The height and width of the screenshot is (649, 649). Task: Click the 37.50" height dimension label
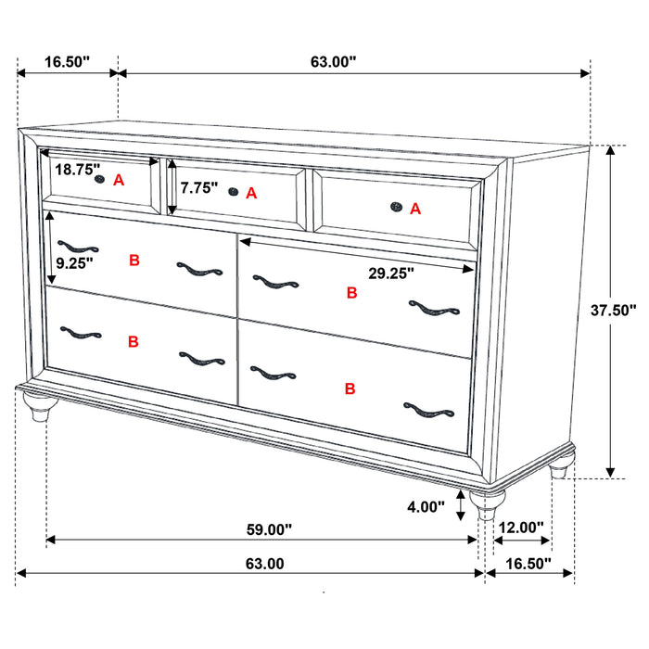click(614, 311)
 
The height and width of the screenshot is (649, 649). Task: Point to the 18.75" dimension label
click(77, 170)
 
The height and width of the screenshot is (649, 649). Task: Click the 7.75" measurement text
click(199, 187)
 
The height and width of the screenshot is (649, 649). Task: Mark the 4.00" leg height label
click(426, 507)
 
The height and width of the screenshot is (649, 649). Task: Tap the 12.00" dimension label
click(520, 528)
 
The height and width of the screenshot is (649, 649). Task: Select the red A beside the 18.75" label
click(118, 181)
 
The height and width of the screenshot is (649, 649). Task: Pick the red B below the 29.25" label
click(351, 293)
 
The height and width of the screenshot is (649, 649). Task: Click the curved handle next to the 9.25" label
click(77, 248)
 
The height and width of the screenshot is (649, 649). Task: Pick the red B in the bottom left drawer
click(134, 342)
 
